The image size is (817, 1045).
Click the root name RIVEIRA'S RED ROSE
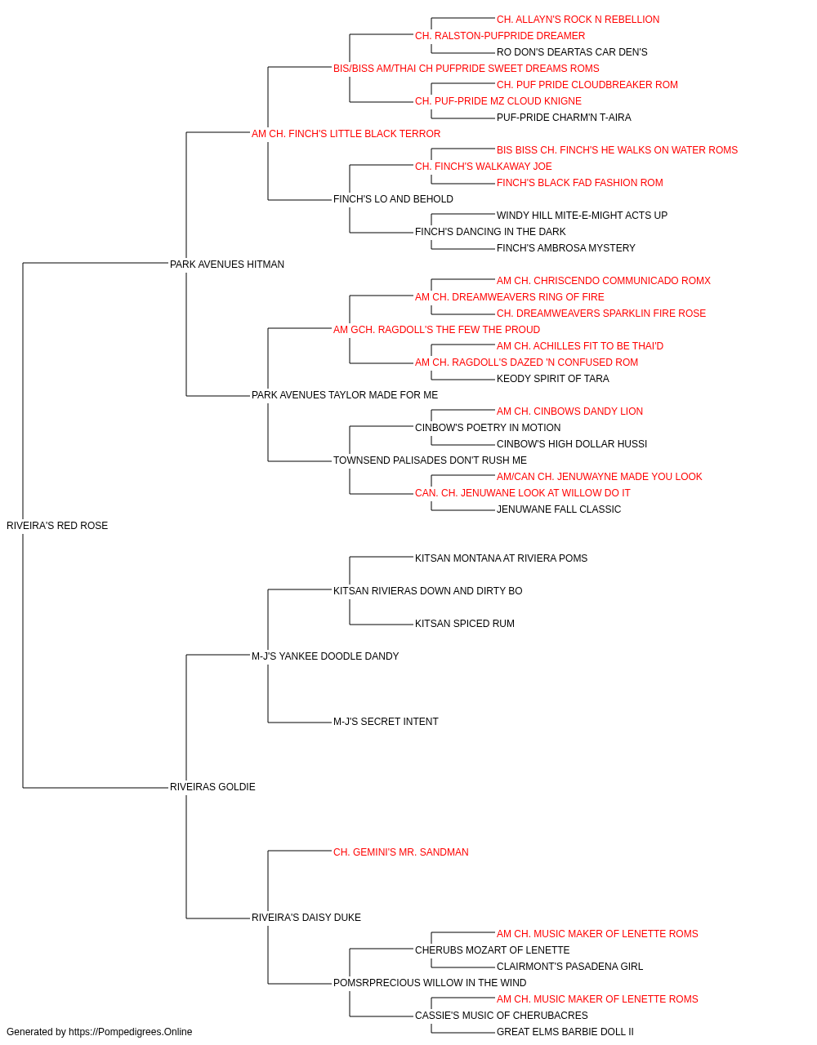57,525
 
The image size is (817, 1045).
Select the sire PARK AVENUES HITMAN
226,264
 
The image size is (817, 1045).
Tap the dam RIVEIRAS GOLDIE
212,787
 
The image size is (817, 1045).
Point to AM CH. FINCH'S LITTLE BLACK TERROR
346,134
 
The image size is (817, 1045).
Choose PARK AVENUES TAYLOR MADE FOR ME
345,395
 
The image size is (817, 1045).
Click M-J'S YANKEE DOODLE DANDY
325,656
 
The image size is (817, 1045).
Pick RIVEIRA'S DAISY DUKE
306,917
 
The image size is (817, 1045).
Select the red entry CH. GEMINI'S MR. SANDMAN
401,852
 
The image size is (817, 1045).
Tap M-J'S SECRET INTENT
386,722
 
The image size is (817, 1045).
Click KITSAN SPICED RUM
465,623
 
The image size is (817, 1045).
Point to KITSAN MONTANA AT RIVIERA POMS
501,558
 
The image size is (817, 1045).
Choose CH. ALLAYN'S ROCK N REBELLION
578,20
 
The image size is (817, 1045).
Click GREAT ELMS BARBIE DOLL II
565,1032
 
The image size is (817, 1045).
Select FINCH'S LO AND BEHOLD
393,199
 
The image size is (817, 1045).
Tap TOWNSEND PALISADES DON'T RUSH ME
431,460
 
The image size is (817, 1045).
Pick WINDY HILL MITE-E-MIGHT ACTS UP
582,216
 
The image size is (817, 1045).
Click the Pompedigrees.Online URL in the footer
131,1032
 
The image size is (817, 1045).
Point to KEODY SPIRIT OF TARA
553,379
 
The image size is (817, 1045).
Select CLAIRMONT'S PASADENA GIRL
569,966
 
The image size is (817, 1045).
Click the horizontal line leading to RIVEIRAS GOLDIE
96,788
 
